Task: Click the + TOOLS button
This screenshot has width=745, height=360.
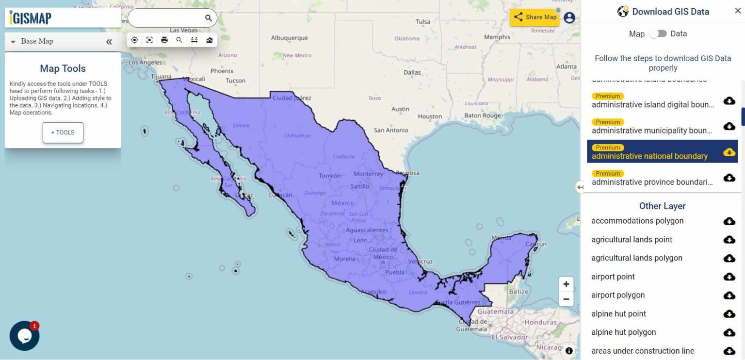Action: [x=63, y=132]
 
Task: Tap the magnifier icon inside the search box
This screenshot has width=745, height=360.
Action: [x=209, y=18]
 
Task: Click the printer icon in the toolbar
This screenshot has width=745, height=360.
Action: [x=164, y=40]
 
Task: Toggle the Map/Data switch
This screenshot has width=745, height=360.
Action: [x=658, y=33]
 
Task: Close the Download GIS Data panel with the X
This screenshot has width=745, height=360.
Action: [x=738, y=11]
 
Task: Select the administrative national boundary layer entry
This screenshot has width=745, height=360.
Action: [x=649, y=156]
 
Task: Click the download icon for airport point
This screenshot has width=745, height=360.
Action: [x=729, y=277]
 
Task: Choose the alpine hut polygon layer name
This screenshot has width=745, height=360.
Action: [x=623, y=332]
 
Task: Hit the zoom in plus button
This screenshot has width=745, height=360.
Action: [x=566, y=284]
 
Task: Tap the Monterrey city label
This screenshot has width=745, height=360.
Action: [x=368, y=174]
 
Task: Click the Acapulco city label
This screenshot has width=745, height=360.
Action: [x=373, y=292]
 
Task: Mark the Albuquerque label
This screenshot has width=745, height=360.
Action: [x=289, y=38]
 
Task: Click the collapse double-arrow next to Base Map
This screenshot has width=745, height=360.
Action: [x=109, y=42]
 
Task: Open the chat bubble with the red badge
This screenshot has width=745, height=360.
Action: [x=24, y=335]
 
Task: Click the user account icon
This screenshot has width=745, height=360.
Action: [x=569, y=17]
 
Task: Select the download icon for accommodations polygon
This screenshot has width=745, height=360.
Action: [x=729, y=221]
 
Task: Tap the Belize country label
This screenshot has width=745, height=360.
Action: [x=518, y=292]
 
